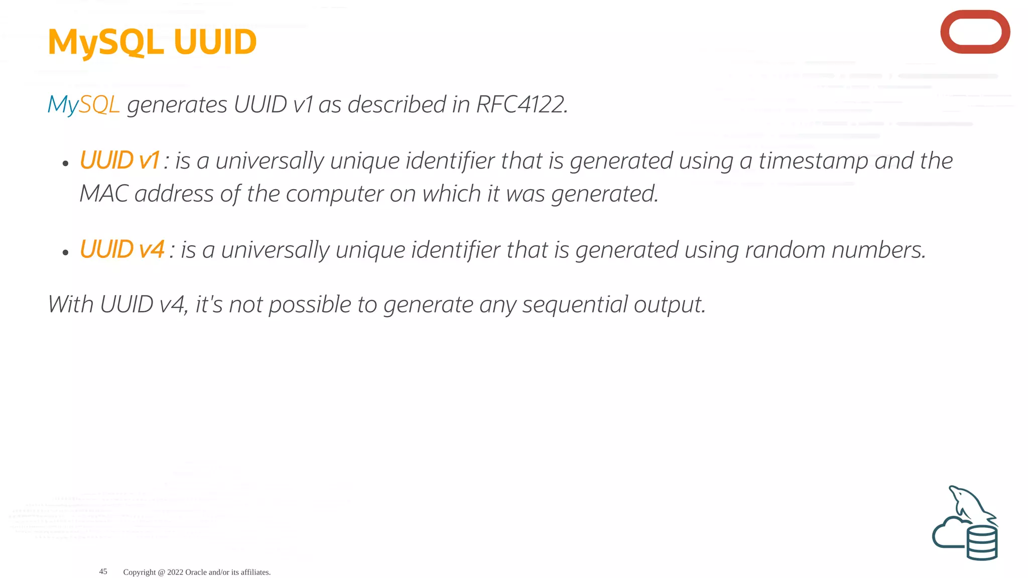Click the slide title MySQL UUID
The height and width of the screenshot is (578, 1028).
(152, 42)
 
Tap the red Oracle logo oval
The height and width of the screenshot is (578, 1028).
(975, 32)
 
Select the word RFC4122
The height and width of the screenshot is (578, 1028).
(522, 105)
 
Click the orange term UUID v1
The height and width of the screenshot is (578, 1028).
(119, 161)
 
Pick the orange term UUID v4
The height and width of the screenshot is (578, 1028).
(122, 249)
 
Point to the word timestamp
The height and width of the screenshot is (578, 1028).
(813, 162)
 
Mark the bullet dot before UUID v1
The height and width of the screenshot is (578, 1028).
(65, 164)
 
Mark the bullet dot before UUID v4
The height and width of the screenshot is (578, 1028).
(65, 252)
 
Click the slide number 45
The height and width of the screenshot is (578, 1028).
(103, 571)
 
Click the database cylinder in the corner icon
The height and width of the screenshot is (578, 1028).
(982, 543)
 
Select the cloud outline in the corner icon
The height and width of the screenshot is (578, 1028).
(947, 534)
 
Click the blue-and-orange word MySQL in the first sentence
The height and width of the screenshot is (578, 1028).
(83, 105)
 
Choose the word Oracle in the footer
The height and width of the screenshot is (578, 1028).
(196, 572)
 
